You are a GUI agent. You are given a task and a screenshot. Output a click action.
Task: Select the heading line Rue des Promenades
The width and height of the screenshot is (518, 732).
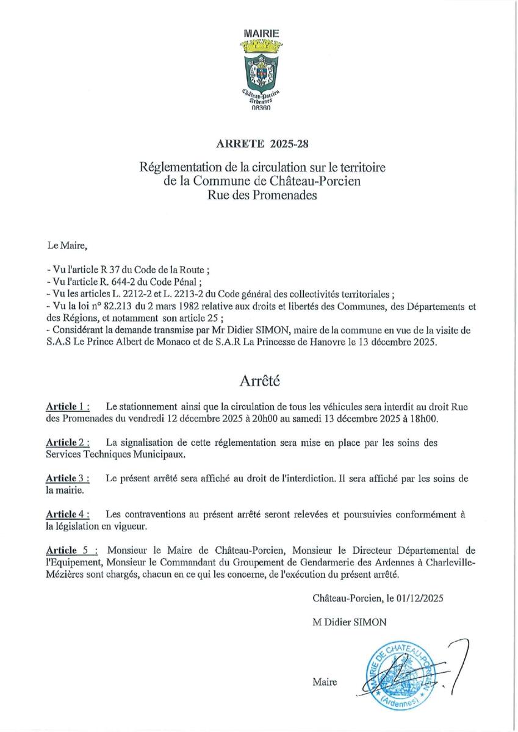259,196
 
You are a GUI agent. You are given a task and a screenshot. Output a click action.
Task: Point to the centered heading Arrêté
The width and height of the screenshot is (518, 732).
259,381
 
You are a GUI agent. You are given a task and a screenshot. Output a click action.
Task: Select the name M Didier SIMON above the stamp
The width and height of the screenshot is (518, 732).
348,622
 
